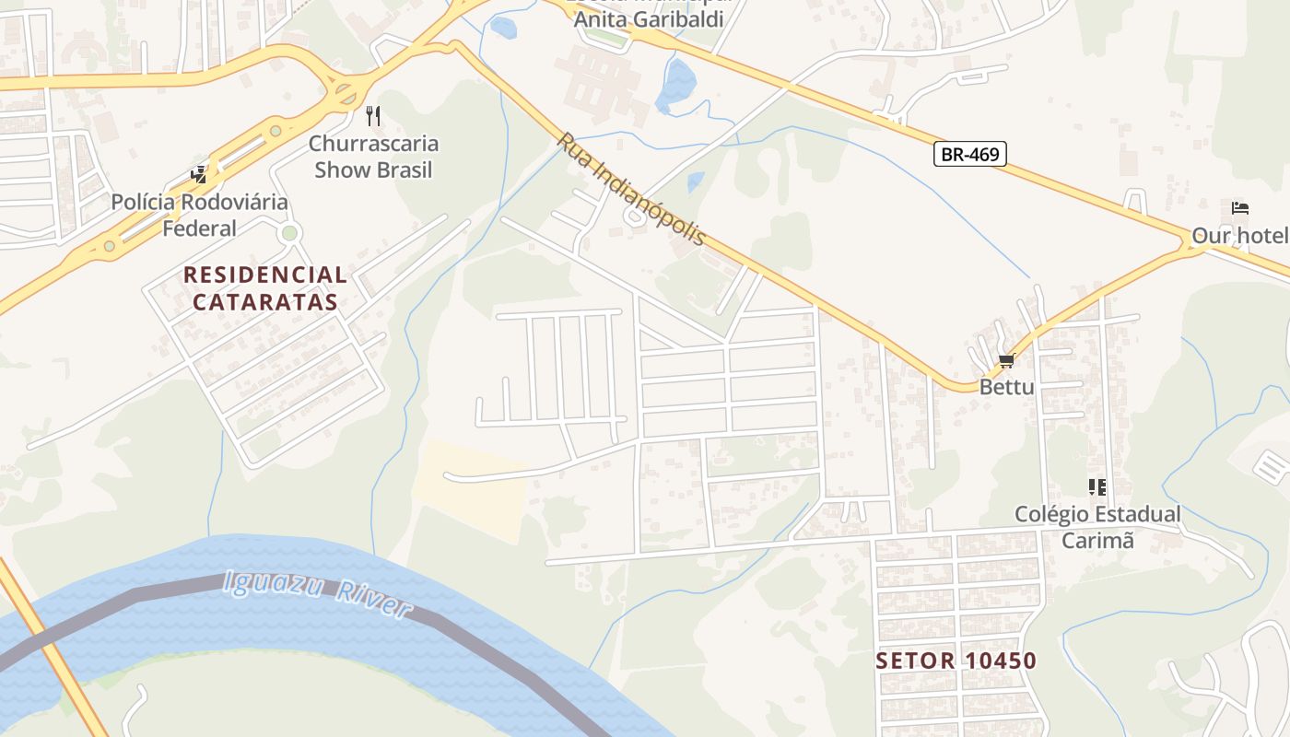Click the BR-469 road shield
[x=970, y=154]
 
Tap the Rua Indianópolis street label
[x=632, y=190]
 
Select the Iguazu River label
[x=317, y=594]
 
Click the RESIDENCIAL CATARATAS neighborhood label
[x=265, y=287]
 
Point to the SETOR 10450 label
[x=956, y=661]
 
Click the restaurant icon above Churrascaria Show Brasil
[x=373, y=116]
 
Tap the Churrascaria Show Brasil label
[x=373, y=157]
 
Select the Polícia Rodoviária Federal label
[x=200, y=215]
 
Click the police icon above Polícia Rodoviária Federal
[x=198, y=174]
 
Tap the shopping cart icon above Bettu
[x=1006, y=360]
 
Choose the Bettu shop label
[x=1006, y=387]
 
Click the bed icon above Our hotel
[x=1240, y=208]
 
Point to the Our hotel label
[x=1239, y=236]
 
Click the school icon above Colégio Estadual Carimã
[x=1096, y=486]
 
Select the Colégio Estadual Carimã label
[x=1097, y=527]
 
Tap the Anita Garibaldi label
[x=649, y=18]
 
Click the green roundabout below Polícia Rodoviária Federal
[x=289, y=233]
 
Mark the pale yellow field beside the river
[x=470, y=488]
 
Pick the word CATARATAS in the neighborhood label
[x=265, y=301]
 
